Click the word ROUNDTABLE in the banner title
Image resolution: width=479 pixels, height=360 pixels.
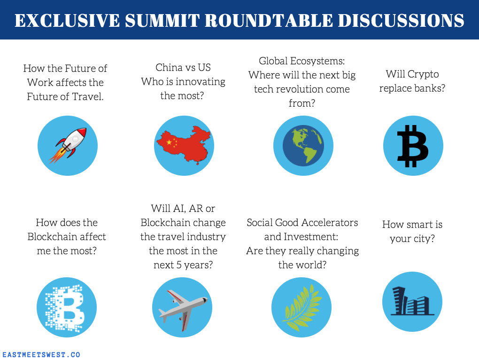pyautogui.click(x=269, y=21)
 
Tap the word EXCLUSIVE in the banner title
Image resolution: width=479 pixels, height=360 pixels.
pyautogui.click(x=67, y=21)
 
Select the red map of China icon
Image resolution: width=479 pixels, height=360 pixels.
pyautogui.click(x=184, y=145)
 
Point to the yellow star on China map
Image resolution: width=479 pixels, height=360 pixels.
pyautogui.click(x=169, y=142)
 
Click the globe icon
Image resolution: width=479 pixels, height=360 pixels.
pyautogui.click(x=303, y=146)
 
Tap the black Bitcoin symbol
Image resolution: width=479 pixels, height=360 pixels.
pyautogui.click(x=413, y=146)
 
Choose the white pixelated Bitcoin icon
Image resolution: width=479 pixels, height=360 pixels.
pyautogui.click(x=65, y=308)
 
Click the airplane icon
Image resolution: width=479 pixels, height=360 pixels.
pyautogui.click(x=183, y=309)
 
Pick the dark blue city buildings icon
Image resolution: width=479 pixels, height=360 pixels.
pyautogui.click(x=412, y=301)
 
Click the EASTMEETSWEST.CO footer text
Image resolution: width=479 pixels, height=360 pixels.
pyautogui.click(x=41, y=355)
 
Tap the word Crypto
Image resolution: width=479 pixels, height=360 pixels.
pyautogui.click(x=423, y=74)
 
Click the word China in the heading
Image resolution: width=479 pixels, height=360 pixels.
pyautogui.click(x=169, y=67)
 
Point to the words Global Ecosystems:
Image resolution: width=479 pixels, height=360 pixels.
pyautogui.click(x=302, y=61)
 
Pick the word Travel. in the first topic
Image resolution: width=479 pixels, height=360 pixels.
pyautogui.click(x=88, y=96)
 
